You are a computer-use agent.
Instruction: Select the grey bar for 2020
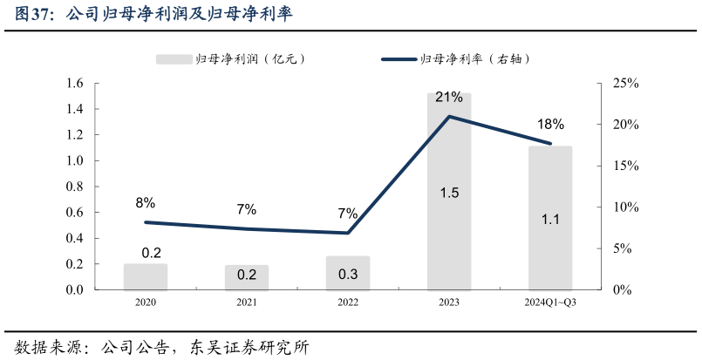pyautogui.click(x=146, y=276)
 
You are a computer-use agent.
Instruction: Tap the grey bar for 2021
pyautogui.click(x=247, y=277)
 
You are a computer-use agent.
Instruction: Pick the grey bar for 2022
pyautogui.click(x=348, y=272)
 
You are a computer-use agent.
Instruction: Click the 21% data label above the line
pyautogui.click(x=449, y=96)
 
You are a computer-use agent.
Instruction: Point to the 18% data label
pyautogui.click(x=550, y=124)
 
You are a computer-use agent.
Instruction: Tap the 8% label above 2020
pyautogui.click(x=146, y=203)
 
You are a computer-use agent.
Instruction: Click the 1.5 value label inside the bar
pyautogui.click(x=449, y=193)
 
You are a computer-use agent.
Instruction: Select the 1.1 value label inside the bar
pyautogui.click(x=550, y=220)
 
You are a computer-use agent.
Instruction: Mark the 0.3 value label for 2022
pyautogui.click(x=348, y=275)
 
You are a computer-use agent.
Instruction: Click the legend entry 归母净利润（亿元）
pyautogui.click(x=231, y=58)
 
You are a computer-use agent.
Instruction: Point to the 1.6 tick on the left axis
pyautogui.click(x=73, y=84)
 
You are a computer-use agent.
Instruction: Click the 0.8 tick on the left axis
pyautogui.click(x=73, y=187)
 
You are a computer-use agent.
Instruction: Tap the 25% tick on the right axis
pyautogui.click(x=626, y=84)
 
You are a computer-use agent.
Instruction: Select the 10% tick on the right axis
pyautogui.click(x=626, y=207)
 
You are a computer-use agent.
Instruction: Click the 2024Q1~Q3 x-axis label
pyautogui.click(x=550, y=302)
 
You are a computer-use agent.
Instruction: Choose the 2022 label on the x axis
pyautogui.click(x=348, y=302)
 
